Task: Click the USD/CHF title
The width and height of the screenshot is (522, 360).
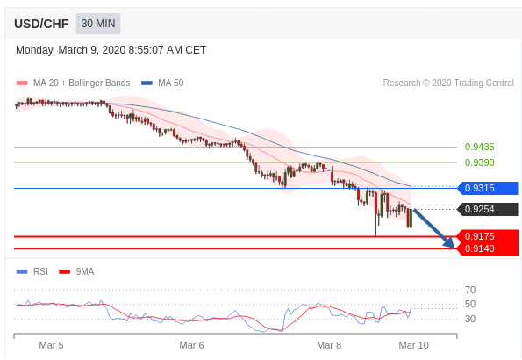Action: point(41,24)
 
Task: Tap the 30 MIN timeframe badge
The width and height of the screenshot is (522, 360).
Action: point(98,24)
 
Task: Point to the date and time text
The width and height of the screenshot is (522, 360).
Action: point(111,50)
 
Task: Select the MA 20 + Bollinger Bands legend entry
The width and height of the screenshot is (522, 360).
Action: point(73,83)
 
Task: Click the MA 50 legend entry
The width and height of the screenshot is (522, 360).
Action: point(162,83)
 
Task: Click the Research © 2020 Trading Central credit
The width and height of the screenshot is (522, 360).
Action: point(448,83)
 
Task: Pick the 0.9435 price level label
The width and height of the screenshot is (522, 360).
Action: point(479,147)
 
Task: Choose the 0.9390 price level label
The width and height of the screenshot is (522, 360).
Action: point(479,162)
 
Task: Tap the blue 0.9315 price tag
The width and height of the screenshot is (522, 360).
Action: point(488,188)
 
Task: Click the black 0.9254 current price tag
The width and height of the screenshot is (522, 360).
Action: point(488,209)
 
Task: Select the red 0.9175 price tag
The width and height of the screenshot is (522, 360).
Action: point(489,236)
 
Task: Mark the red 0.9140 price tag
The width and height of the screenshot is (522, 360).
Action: point(489,248)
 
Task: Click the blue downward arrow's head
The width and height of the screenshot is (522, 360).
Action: point(449,242)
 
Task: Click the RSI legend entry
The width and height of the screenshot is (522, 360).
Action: point(32,271)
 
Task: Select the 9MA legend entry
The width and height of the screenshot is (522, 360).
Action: point(76,271)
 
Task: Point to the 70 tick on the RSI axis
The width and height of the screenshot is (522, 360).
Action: point(470,290)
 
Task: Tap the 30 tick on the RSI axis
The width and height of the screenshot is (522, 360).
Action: point(470,319)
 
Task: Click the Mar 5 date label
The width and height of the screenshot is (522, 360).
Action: point(51,345)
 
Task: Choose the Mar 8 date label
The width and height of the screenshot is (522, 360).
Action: point(329,345)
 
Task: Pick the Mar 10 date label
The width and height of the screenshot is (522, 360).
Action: point(414,345)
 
